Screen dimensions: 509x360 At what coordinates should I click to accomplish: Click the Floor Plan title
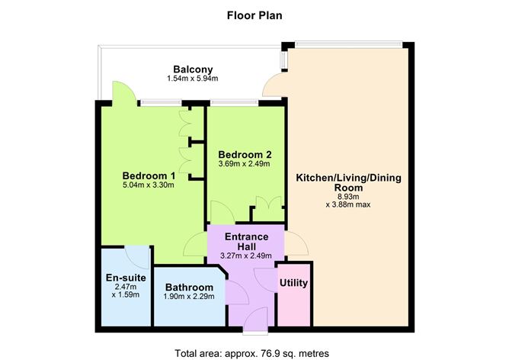coord(254,15)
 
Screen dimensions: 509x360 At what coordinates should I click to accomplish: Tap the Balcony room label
coord(193,69)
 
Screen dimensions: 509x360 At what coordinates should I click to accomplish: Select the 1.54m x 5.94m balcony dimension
coord(193,79)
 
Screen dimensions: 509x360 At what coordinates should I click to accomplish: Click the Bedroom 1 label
coord(149,175)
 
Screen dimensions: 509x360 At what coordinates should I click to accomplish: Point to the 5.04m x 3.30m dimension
coord(149,185)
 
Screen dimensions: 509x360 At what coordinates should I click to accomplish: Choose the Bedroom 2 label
coord(245,154)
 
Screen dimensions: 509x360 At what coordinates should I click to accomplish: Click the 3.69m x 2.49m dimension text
coord(244,164)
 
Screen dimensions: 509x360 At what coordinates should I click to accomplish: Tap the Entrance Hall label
coord(247,242)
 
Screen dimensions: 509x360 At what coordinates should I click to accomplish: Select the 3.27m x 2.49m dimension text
coord(246,256)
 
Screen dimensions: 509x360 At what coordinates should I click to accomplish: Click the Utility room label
coord(294,283)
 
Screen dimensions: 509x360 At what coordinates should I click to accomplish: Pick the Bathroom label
coord(189,288)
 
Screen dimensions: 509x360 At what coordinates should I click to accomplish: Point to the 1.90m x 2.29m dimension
coord(189,297)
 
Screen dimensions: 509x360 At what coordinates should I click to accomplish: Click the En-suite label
coord(126,278)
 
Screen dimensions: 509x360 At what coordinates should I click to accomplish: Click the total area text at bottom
coord(252,353)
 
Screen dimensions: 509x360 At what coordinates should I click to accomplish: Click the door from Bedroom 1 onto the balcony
coord(124,93)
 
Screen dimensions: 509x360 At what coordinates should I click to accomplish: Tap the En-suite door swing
coord(137,257)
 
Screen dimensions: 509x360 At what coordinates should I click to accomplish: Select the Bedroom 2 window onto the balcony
coord(235,103)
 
